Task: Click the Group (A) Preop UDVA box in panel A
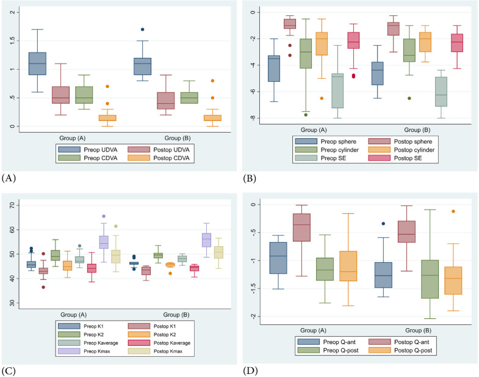[37, 64]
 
